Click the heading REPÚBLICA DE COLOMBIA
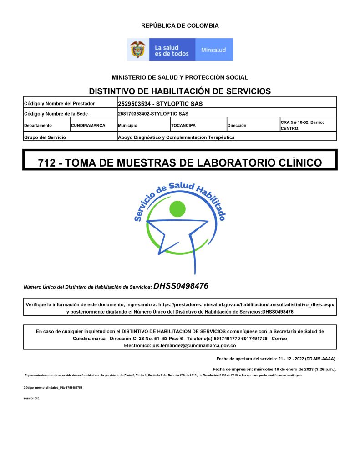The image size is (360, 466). [180, 26]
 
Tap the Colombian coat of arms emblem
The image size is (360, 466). [138, 50]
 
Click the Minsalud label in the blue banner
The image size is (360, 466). [213, 50]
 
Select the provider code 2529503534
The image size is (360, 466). [135, 104]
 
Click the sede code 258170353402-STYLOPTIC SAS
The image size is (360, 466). [153, 114]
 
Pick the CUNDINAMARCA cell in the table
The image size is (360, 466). [88, 125]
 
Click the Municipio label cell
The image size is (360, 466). [127, 125]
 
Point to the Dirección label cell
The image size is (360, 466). [237, 125]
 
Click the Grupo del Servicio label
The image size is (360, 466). [45, 137]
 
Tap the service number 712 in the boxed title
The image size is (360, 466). [47, 162]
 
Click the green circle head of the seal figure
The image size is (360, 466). [177, 209]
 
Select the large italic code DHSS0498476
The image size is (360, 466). [181, 286]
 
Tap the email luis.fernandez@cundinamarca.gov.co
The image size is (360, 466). [180, 346]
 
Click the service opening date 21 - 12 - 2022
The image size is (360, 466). [290, 359]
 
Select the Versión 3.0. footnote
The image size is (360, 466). [32, 398]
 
